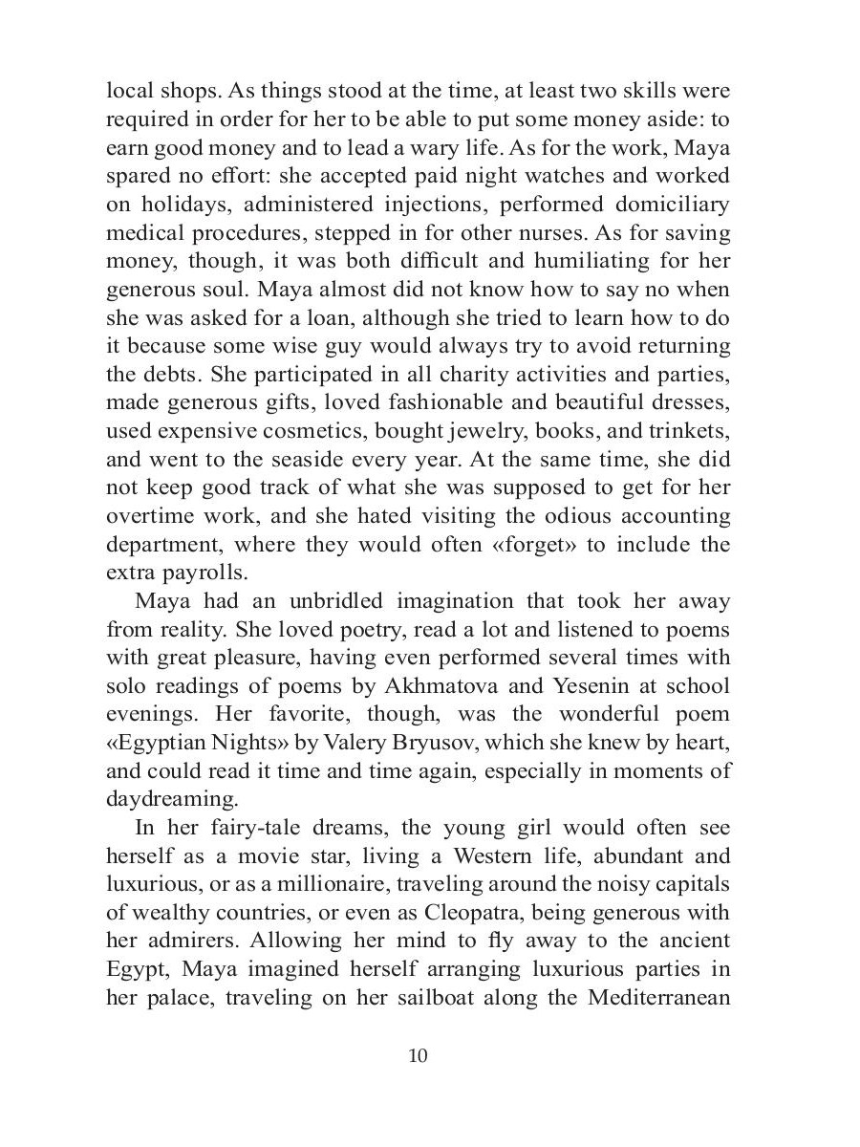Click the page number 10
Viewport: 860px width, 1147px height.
click(x=418, y=1055)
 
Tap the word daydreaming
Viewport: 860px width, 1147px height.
click(x=166, y=800)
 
